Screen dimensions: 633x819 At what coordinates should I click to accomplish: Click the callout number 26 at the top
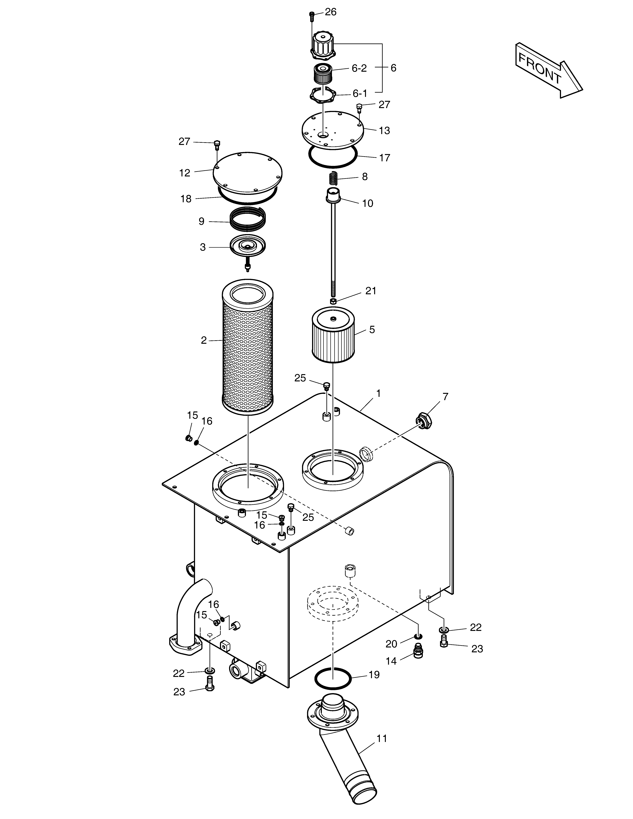(330, 12)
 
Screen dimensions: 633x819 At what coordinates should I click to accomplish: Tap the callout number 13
(384, 130)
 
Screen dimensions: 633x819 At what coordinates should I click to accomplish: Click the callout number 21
(371, 291)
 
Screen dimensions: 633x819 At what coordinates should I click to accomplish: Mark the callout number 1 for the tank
(378, 393)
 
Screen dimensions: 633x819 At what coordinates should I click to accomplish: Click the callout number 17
(384, 158)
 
